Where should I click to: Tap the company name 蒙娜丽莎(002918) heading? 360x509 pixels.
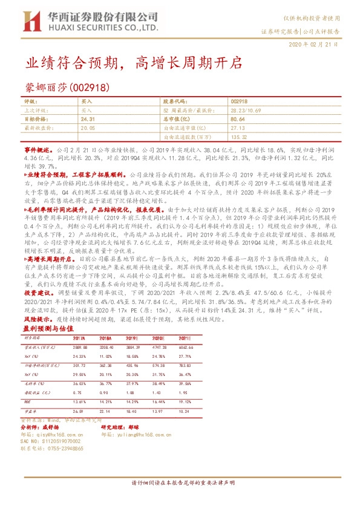tap(67, 87)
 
